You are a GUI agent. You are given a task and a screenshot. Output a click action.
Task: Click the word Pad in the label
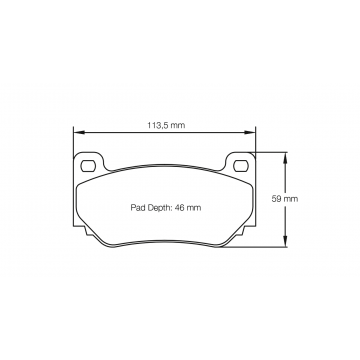139,207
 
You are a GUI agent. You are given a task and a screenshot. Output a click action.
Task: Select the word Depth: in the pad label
162,207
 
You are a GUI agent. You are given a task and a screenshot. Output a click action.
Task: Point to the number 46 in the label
185,207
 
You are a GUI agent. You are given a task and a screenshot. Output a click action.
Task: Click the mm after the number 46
198,207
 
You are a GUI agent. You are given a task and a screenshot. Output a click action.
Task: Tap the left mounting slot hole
88,163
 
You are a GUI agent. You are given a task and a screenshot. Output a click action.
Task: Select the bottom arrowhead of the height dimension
286,245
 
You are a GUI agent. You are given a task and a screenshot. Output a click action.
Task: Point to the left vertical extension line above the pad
75,140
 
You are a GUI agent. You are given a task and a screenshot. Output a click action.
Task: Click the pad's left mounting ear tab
87,163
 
